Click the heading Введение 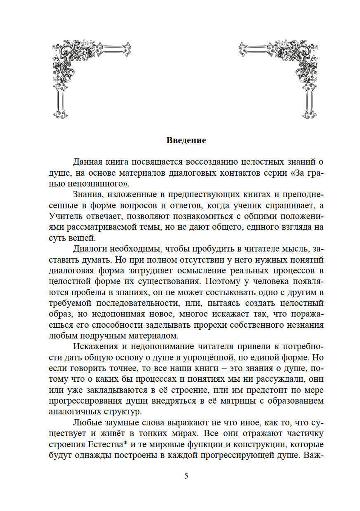(186, 140)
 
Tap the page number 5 (186, 476)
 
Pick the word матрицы (234, 401)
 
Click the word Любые (87, 422)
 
